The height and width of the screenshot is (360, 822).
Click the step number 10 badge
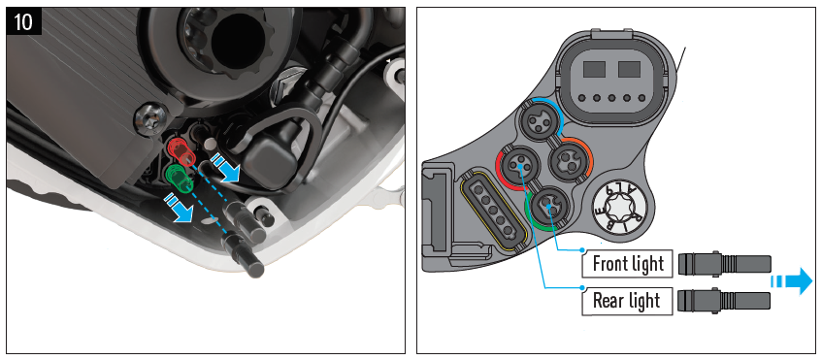click(24, 21)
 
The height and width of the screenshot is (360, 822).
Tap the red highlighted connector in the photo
click(181, 153)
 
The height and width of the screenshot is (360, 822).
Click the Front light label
click(628, 264)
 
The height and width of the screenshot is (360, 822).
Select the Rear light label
click(628, 301)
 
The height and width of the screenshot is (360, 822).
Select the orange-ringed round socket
click(569, 156)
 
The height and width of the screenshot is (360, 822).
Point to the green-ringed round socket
click(546, 207)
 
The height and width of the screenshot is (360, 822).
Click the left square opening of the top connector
click(595, 69)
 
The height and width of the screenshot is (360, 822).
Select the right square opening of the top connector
click(629, 69)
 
